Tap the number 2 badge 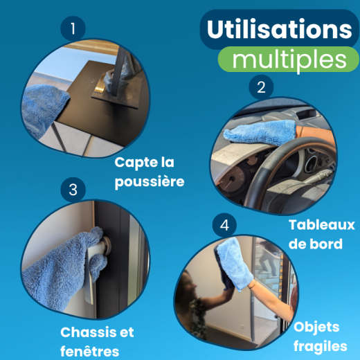point(261,87)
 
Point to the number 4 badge point(223,226)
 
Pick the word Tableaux point(321,225)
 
